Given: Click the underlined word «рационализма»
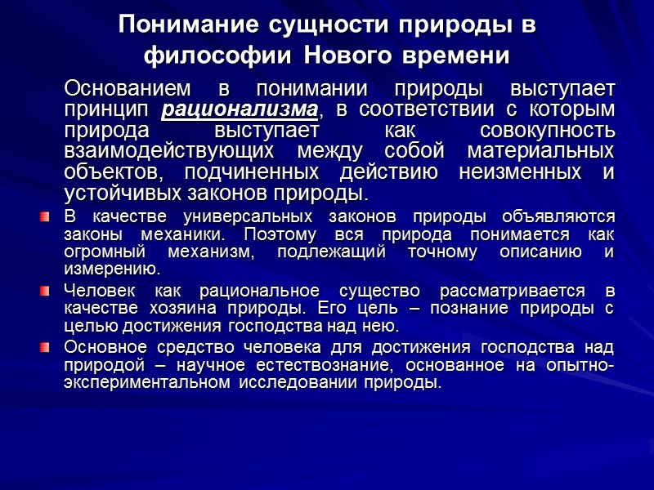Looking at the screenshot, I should pyautogui.click(x=240, y=109).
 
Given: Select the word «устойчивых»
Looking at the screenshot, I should pyautogui.click(x=119, y=194).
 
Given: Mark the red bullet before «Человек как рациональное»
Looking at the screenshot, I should pyautogui.click(x=45, y=292).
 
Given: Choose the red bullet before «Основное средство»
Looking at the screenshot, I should pyautogui.click(x=45, y=348).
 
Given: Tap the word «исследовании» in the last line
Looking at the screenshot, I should pyautogui.click(x=294, y=383).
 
